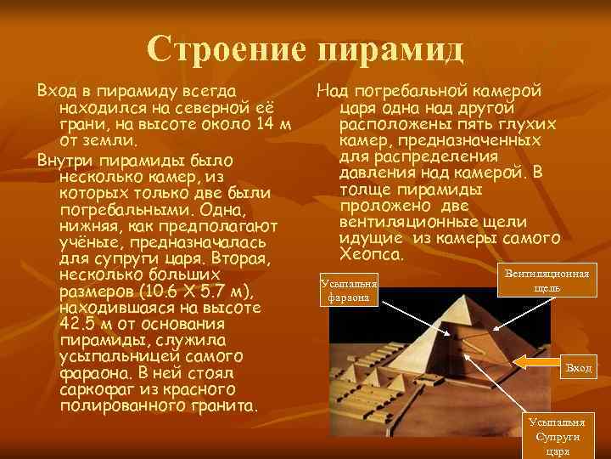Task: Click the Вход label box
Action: tap(578, 368)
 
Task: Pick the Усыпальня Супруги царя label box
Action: tap(557, 436)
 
